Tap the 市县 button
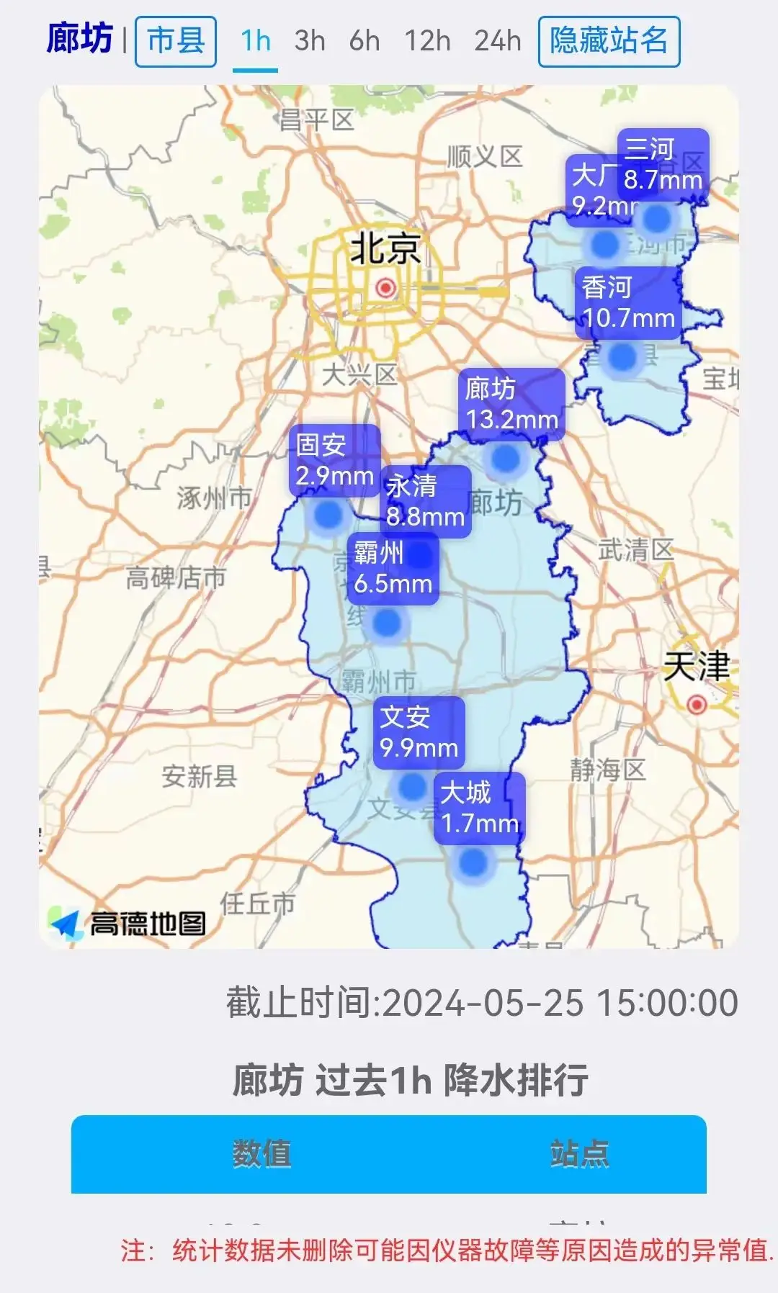click(176, 41)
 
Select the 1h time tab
click(255, 41)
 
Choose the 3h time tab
click(310, 41)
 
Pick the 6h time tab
click(365, 41)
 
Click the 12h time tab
click(427, 41)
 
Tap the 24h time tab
click(497, 41)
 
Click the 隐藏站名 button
click(609, 41)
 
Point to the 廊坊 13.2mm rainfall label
click(511, 405)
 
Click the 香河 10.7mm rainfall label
click(628, 302)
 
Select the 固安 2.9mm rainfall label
click(334, 460)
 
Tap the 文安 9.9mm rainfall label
click(419, 732)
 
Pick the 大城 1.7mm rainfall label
click(480, 808)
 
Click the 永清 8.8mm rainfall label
click(426, 501)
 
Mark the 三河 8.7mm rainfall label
click(663, 164)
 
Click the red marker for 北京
click(386, 289)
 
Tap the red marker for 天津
click(697, 704)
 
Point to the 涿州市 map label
click(215, 497)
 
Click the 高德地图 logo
click(128, 923)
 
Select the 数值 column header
click(261, 1153)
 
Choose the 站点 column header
click(579, 1153)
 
